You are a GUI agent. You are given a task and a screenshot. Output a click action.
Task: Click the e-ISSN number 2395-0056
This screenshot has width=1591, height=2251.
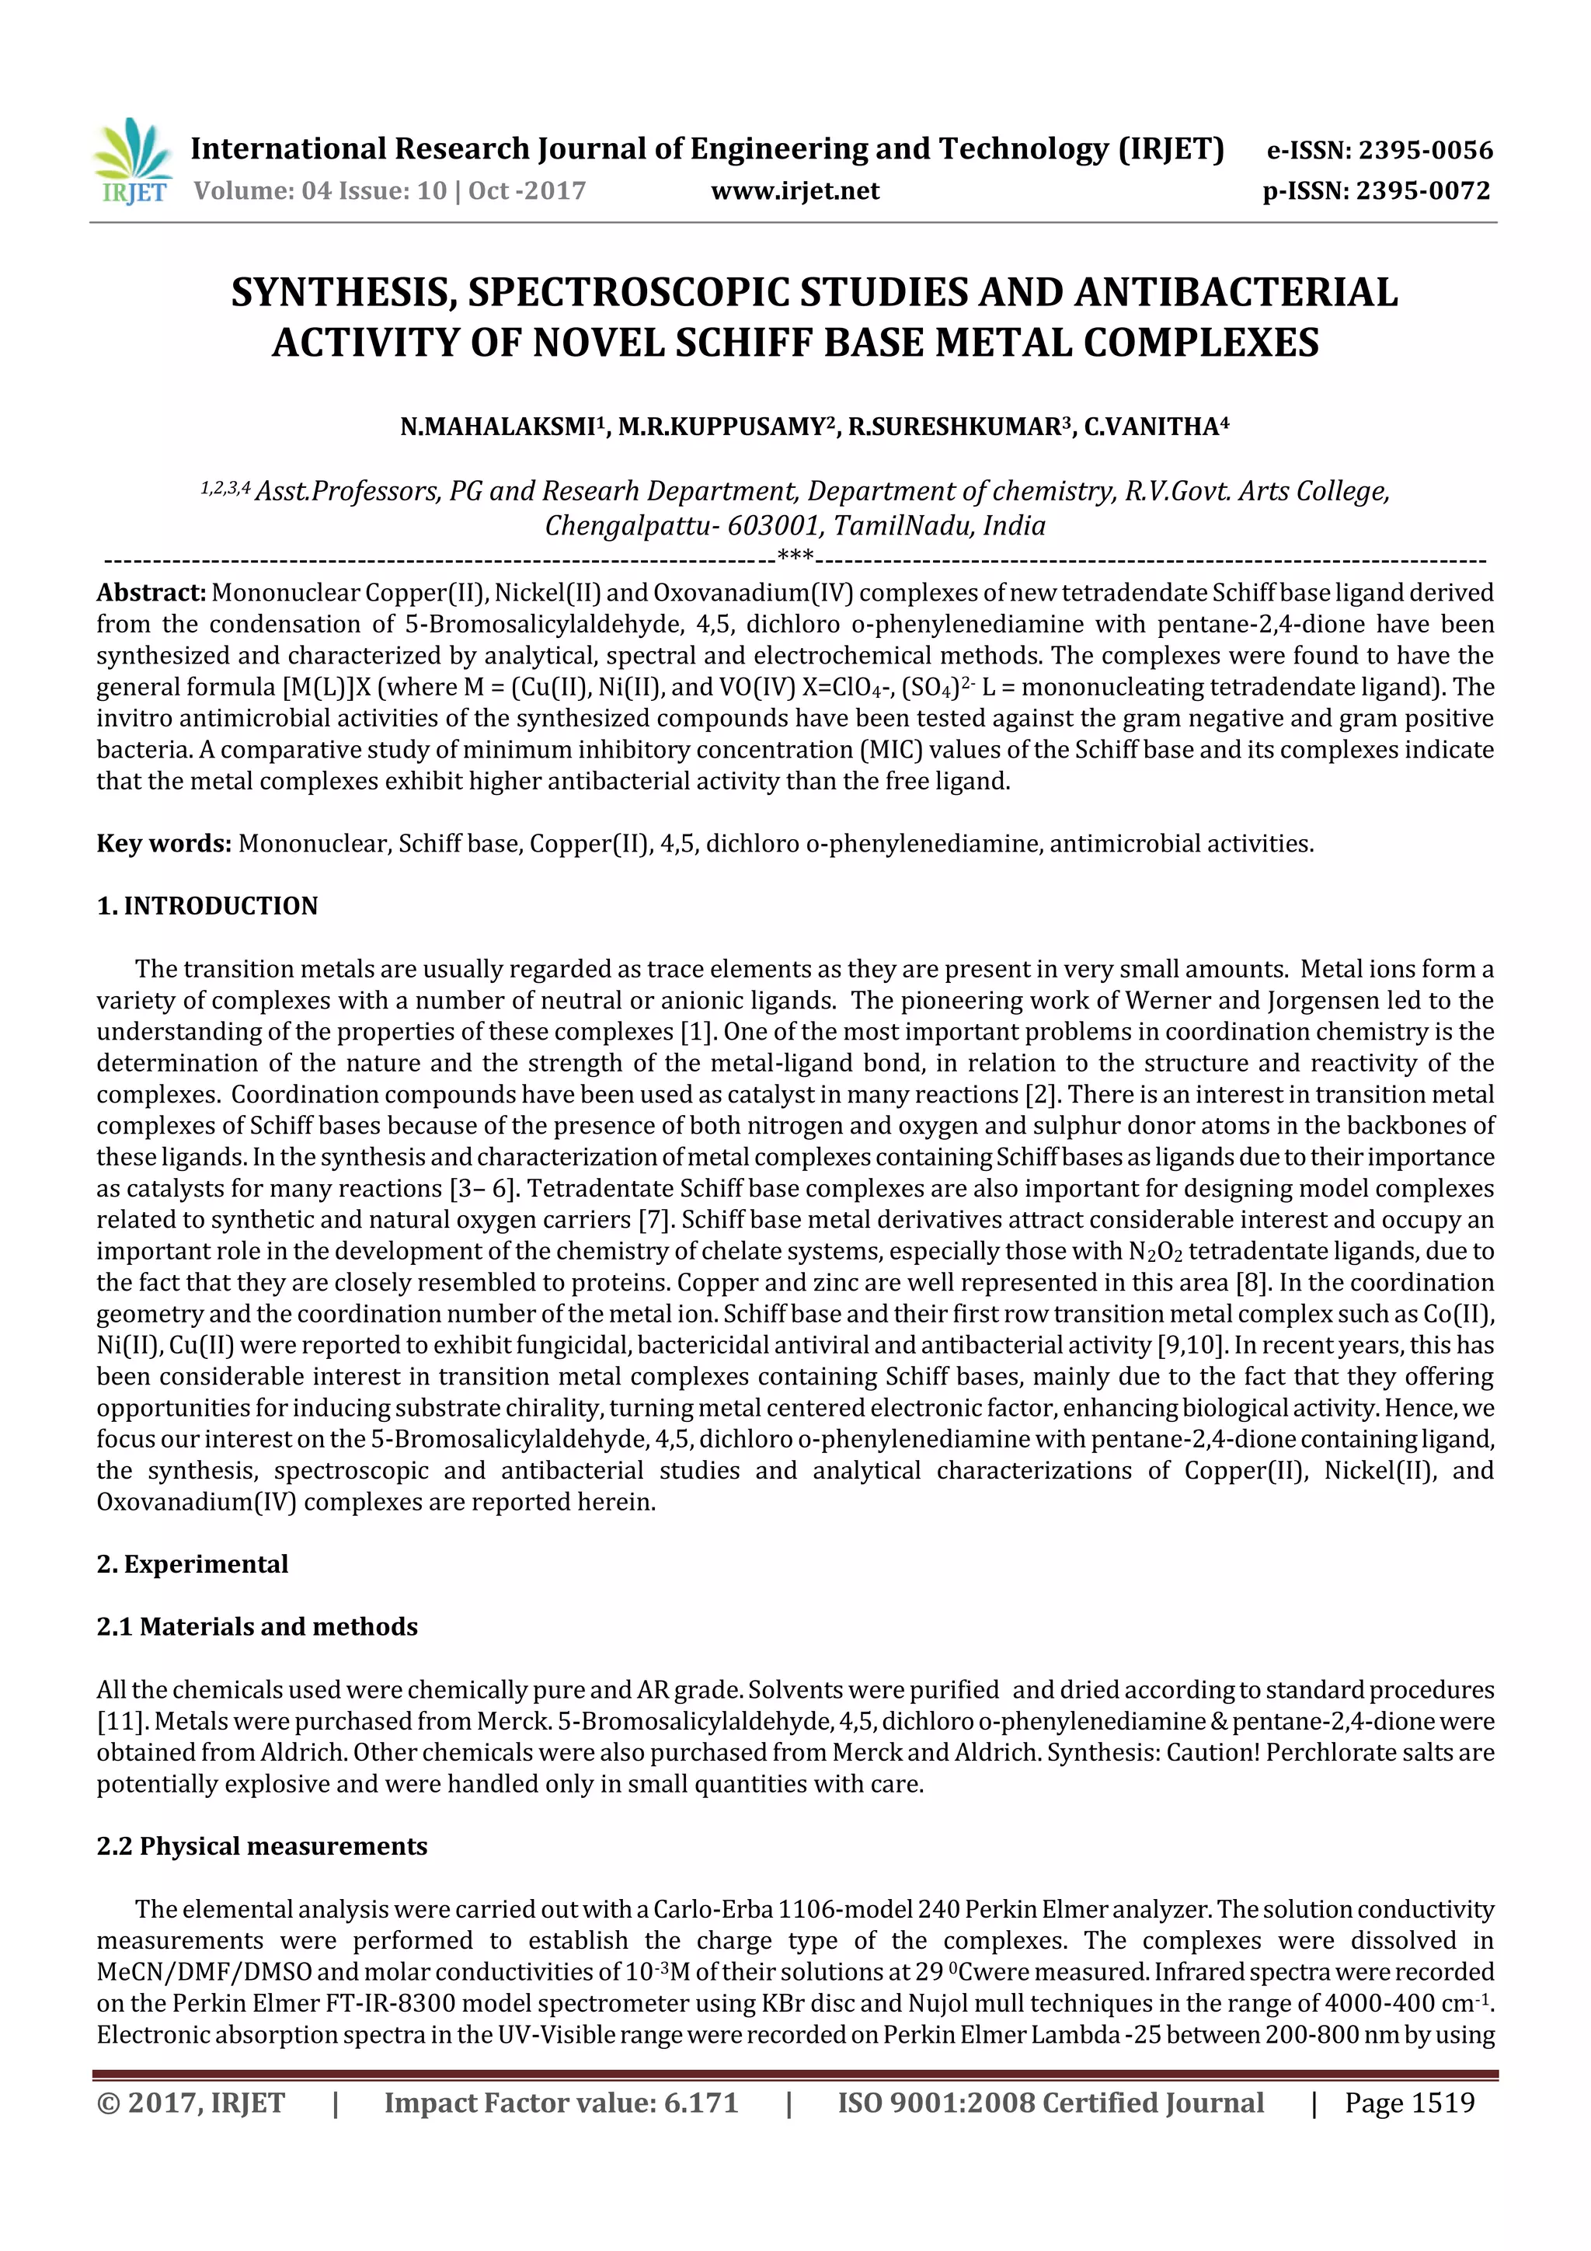[1424, 150]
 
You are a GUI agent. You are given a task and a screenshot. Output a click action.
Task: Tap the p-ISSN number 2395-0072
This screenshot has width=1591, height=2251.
[1422, 190]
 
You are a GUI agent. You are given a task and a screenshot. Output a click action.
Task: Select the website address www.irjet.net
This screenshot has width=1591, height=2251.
[795, 190]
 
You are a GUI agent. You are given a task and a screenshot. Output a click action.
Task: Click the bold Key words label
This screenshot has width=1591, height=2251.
[164, 843]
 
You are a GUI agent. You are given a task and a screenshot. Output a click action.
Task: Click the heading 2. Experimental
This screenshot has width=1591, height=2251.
[192, 1564]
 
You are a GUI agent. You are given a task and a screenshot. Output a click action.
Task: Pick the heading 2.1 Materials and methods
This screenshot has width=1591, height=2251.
[257, 1626]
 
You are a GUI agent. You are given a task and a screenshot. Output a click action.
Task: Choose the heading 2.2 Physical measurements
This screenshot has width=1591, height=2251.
[262, 1846]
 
